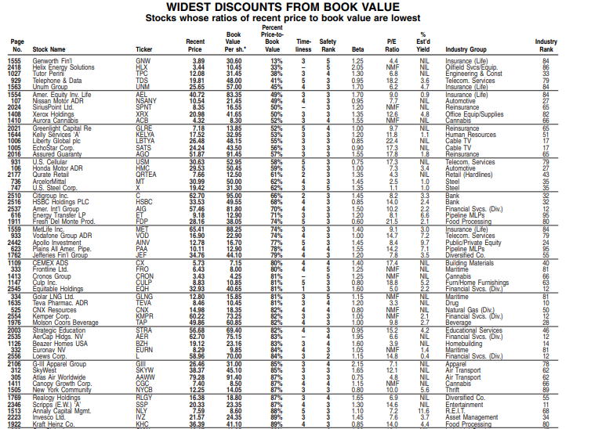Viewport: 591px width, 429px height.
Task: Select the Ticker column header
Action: tap(143, 49)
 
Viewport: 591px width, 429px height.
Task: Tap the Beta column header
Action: tap(358, 49)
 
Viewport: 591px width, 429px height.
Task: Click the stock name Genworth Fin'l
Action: tap(53, 60)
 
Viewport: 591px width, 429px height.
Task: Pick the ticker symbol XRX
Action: tap(143, 115)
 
